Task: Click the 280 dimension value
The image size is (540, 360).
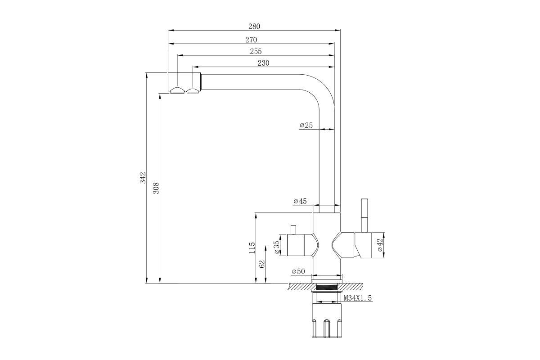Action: (254, 26)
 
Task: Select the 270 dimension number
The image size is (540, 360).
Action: (251, 40)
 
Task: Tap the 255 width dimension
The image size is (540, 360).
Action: (256, 51)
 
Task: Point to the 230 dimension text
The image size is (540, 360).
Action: (263, 63)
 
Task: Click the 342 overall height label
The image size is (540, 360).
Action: (143, 177)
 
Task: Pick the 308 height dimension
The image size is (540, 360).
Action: (156, 188)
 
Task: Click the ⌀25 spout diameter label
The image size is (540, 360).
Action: (306, 125)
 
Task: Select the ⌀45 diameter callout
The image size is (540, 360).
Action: (300, 201)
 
